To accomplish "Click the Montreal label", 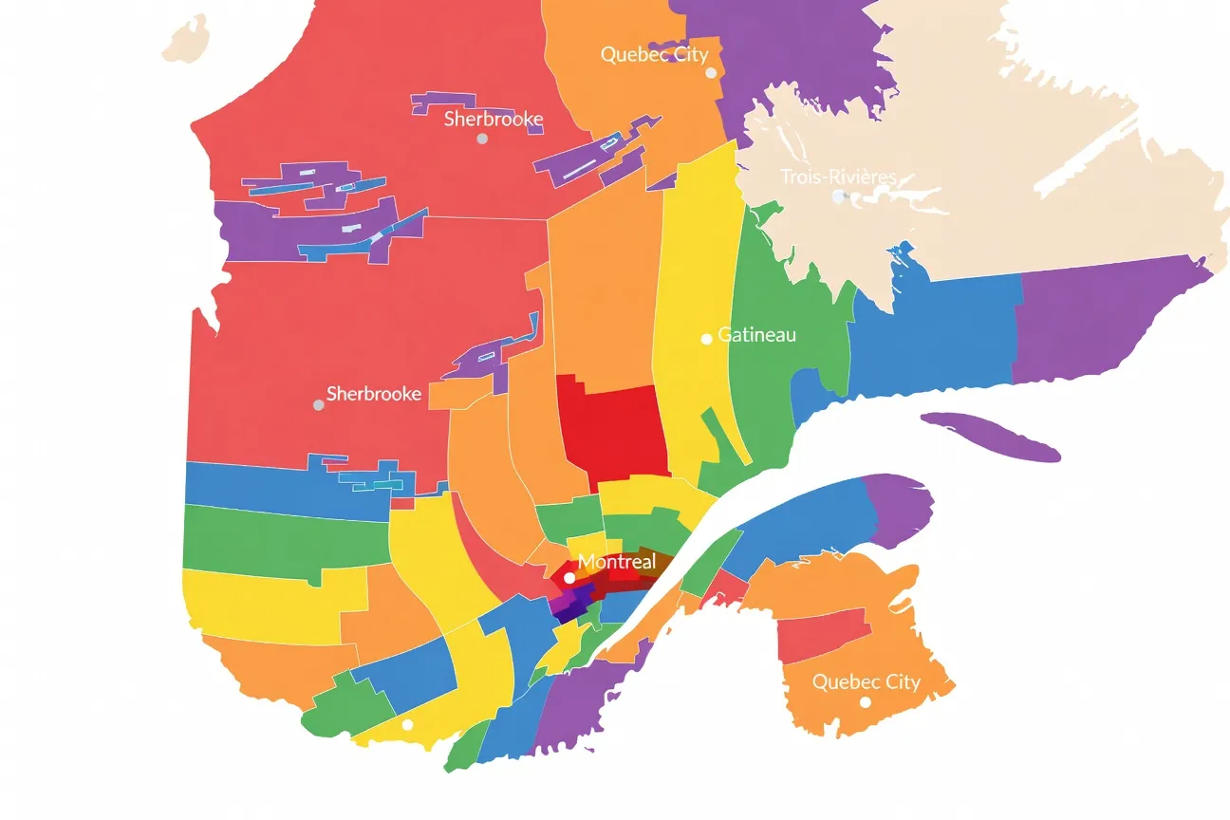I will tap(616, 562).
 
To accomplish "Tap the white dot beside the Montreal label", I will tap(568, 577).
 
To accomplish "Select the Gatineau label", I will tap(756, 335).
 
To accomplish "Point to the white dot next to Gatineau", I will tap(706, 339).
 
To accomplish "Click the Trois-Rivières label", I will tap(838, 177).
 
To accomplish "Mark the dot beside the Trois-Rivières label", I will tap(838, 196).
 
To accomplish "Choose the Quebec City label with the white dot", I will tap(866, 681).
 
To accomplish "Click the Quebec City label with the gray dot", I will tap(654, 54).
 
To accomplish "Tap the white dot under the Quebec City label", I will tap(865, 702).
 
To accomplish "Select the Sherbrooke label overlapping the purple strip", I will tap(493, 119).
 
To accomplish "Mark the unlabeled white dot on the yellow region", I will tap(407, 724).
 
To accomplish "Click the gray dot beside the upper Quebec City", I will tap(710, 73).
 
